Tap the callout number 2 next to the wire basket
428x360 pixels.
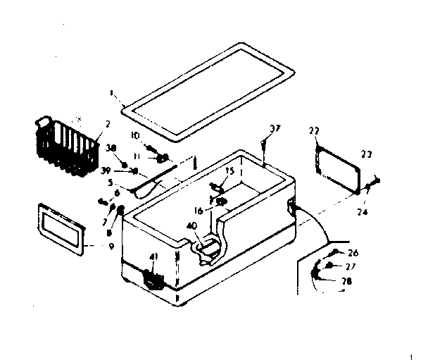(x=107, y=125)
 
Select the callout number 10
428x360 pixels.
(x=136, y=135)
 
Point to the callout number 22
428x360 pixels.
(x=315, y=131)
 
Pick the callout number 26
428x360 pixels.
(x=353, y=253)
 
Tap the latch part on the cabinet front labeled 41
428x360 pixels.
(x=151, y=278)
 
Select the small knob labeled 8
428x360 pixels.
(x=120, y=209)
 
